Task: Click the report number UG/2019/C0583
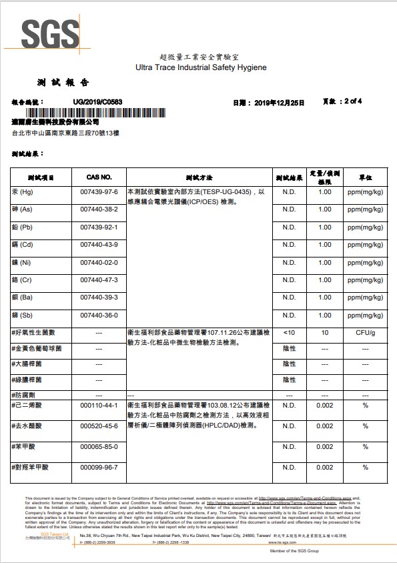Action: click(x=97, y=102)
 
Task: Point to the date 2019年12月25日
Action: click(x=278, y=103)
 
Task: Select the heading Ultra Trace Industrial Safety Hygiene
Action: click(x=200, y=68)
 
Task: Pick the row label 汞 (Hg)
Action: click(x=23, y=192)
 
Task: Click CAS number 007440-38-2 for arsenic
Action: click(x=99, y=209)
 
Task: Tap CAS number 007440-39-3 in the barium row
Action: click(x=99, y=298)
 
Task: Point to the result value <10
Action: click(x=289, y=332)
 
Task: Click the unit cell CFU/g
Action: click(x=365, y=332)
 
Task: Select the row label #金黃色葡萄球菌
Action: click(x=37, y=349)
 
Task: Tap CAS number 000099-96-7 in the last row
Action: click(x=99, y=467)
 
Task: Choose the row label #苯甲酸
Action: click(x=27, y=446)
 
